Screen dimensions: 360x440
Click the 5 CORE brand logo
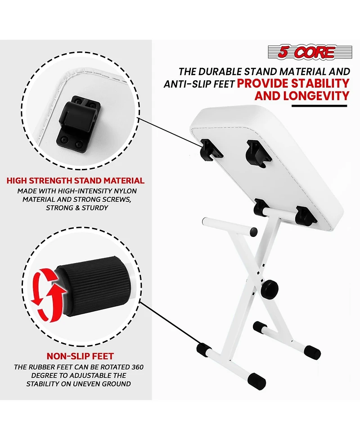310,52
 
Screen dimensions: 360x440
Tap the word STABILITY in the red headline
320,84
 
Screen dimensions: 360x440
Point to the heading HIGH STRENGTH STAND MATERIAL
76,181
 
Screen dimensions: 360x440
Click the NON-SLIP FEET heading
80,356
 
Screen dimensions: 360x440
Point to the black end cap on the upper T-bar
253,231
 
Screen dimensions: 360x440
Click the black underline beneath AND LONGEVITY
319,106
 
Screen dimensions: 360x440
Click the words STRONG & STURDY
77,208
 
